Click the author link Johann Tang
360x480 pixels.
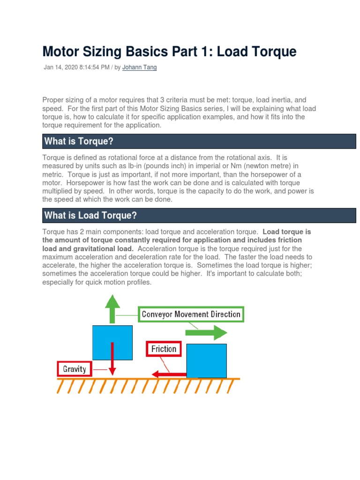(x=139, y=67)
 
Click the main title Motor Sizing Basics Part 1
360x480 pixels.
(x=169, y=51)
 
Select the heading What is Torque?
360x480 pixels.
(x=79, y=141)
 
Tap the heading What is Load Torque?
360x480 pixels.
(x=90, y=215)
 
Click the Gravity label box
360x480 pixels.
(x=75, y=369)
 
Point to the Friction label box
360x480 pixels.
(x=164, y=349)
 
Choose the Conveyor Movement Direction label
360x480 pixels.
(x=191, y=314)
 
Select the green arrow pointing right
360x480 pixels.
(x=206, y=333)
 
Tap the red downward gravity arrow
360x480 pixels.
(x=113, y=359)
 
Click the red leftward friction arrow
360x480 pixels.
(x=169, y=374)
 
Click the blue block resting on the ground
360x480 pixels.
(x=206, y=360)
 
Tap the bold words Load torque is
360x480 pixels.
(x=287, y=232)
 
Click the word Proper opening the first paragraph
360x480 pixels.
(x=53, y=100)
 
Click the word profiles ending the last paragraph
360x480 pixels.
(x=138, y=283)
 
